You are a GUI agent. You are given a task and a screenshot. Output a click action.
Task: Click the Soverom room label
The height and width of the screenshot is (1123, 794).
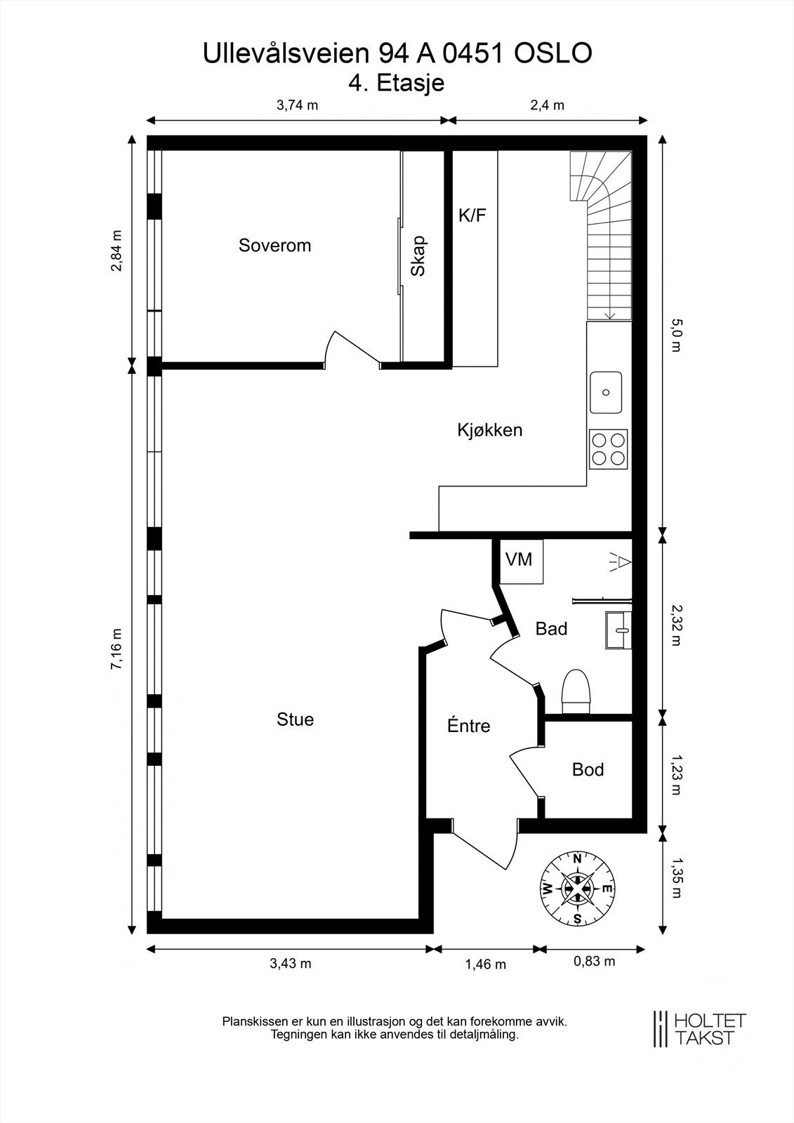(274, 245)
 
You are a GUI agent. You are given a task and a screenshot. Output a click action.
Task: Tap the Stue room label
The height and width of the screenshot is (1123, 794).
(295, 719)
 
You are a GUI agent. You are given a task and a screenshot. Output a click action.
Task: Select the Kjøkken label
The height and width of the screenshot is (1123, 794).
(489, 430)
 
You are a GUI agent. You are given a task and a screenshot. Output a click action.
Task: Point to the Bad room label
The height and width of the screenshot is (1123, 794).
(551, 629)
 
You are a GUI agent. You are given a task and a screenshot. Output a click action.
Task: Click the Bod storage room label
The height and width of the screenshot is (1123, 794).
(588, 769)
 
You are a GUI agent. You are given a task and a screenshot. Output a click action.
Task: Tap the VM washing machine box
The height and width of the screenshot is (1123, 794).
(522, 561)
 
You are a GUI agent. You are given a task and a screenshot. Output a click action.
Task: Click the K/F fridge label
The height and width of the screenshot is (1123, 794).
(472, 215)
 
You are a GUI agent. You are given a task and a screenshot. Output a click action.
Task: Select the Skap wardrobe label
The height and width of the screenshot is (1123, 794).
(418, 255)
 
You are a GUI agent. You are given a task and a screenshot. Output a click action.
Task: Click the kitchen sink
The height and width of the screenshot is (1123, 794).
(605, 392)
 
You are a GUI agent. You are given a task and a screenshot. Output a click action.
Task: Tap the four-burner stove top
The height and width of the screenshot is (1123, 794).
(609, 448)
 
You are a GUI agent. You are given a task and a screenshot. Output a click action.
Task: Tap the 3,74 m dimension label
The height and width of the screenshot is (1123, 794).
(298, 105)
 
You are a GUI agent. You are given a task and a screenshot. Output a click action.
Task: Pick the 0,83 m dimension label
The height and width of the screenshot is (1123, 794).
(594, 961)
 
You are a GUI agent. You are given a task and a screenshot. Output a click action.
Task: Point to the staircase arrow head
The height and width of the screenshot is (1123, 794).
(610, 315)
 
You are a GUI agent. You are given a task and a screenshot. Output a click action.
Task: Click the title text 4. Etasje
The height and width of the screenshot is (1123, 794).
(396, 83)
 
